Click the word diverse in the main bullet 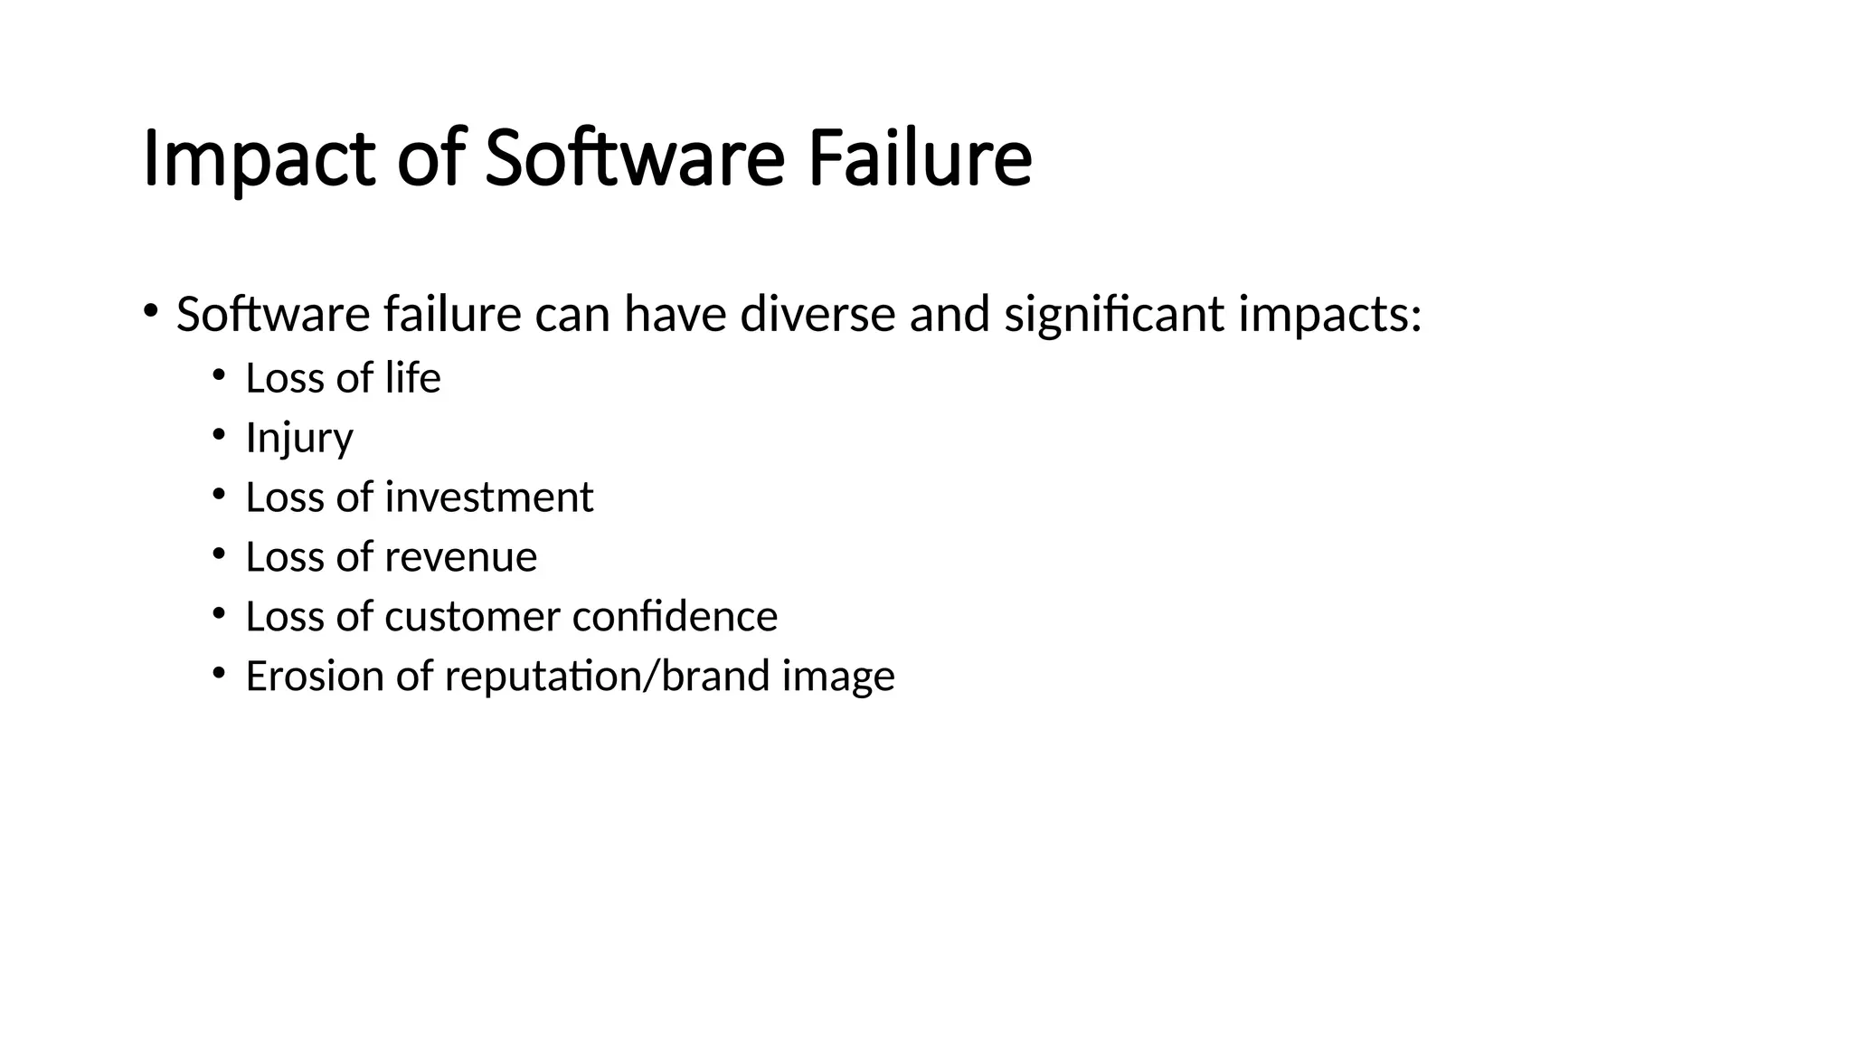817,315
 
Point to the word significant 1114,315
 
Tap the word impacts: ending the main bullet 1330,315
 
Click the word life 412,378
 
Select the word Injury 299,439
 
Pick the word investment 489,497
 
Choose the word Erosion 315,677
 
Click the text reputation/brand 607,677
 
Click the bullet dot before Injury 218,434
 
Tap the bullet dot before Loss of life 218,374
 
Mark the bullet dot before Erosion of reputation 218,673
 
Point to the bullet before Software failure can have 149,311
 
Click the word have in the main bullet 675,315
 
